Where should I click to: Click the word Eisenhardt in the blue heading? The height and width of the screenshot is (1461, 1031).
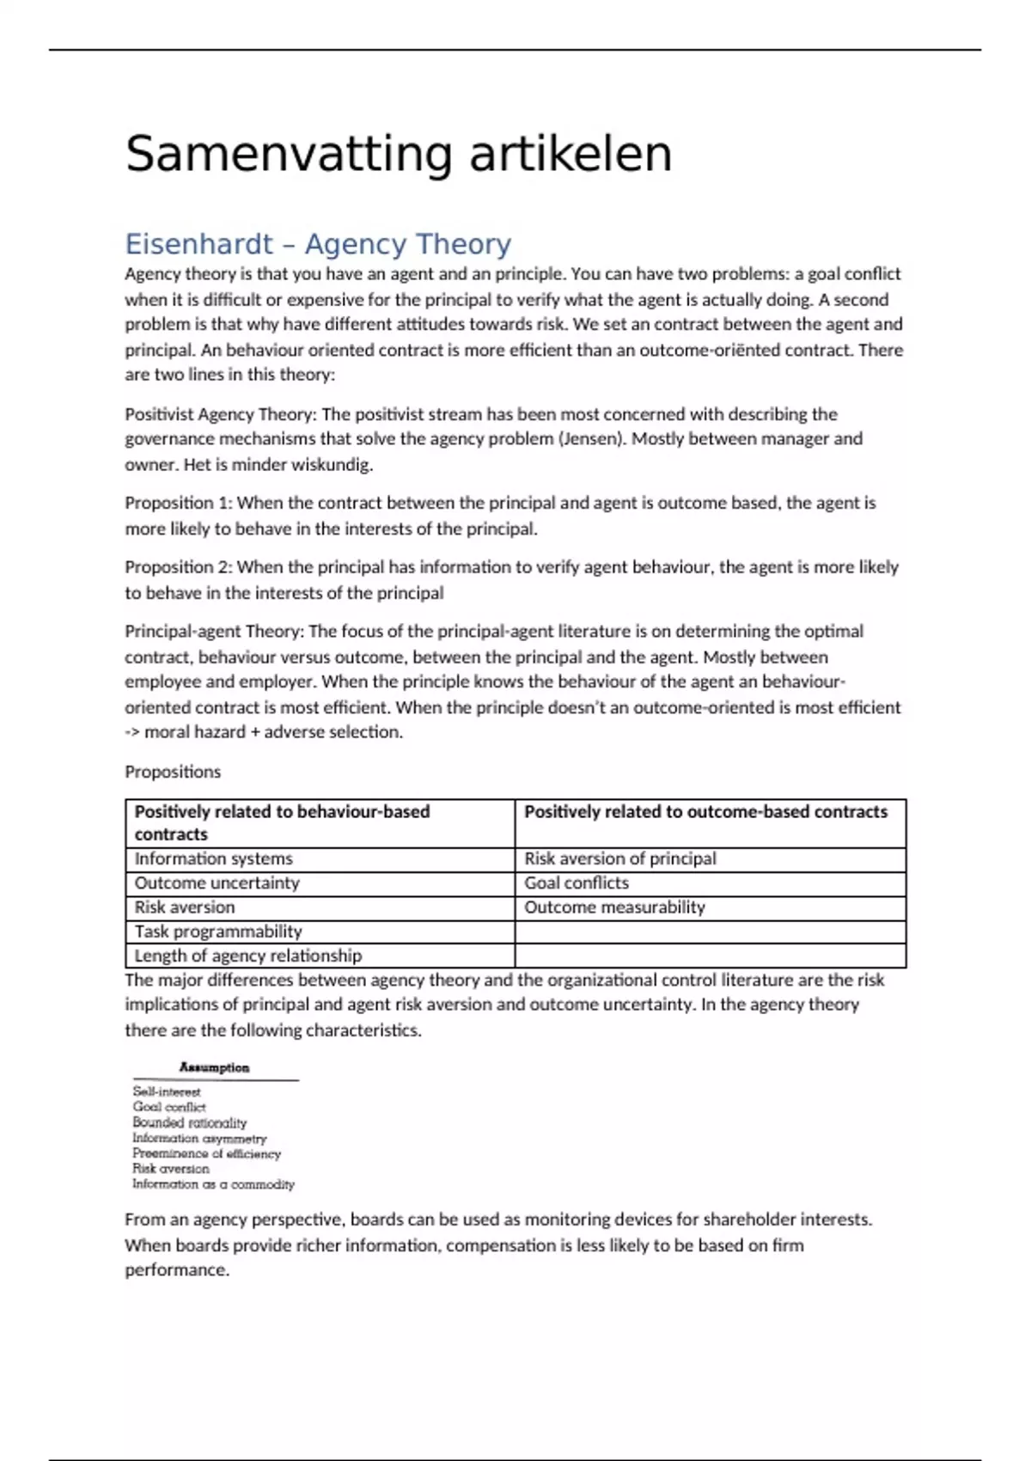click(198, 244)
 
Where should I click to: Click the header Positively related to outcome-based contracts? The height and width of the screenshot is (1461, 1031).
click(705, 812)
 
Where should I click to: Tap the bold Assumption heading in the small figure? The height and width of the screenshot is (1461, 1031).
click(214, 1067)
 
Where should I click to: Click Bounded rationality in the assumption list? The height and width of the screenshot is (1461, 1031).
click(189, 1122)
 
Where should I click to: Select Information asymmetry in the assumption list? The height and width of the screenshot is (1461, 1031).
click(199, 1138)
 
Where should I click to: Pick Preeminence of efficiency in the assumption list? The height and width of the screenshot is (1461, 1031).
click(206, 1153)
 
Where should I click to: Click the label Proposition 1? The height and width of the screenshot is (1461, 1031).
click(179, 503)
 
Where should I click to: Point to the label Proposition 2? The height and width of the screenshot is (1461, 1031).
click(179, 567)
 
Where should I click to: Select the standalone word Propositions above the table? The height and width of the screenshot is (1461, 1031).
click(173, 772)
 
